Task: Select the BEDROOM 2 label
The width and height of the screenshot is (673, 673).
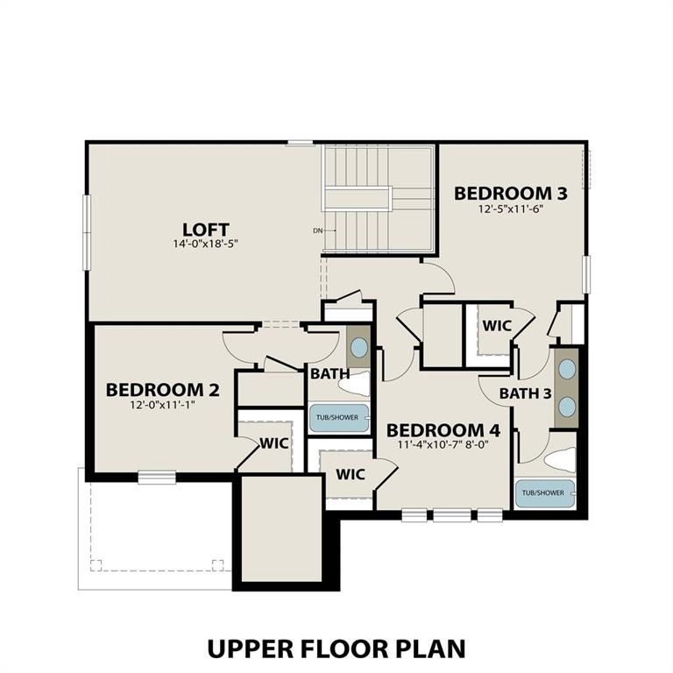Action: coord(163,389)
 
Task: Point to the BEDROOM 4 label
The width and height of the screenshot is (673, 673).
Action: coord(443,430)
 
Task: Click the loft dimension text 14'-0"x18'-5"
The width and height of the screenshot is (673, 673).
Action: coord(206,244)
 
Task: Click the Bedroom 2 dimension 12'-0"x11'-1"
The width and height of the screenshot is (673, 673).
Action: coord(163,405)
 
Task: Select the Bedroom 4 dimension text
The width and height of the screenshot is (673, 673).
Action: coord(443,445)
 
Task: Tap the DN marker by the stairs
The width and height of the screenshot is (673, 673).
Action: coord(317,231)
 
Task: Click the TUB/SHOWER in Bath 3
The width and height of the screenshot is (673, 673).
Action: coord(544,493)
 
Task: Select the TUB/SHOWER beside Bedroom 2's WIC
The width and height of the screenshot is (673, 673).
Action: coord(338,418)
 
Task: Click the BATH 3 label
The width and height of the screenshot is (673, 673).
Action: coord(525,393)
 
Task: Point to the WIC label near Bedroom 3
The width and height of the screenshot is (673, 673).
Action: coord(497,325)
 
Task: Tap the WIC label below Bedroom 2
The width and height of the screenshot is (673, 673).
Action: coord(273,443)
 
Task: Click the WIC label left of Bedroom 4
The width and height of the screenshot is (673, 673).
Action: coord(351,474)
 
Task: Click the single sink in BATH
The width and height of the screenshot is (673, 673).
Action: coord(359,346)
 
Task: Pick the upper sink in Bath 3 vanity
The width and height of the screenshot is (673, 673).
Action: coord(567,369)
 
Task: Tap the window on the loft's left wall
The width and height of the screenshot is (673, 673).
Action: coord(86,232)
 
